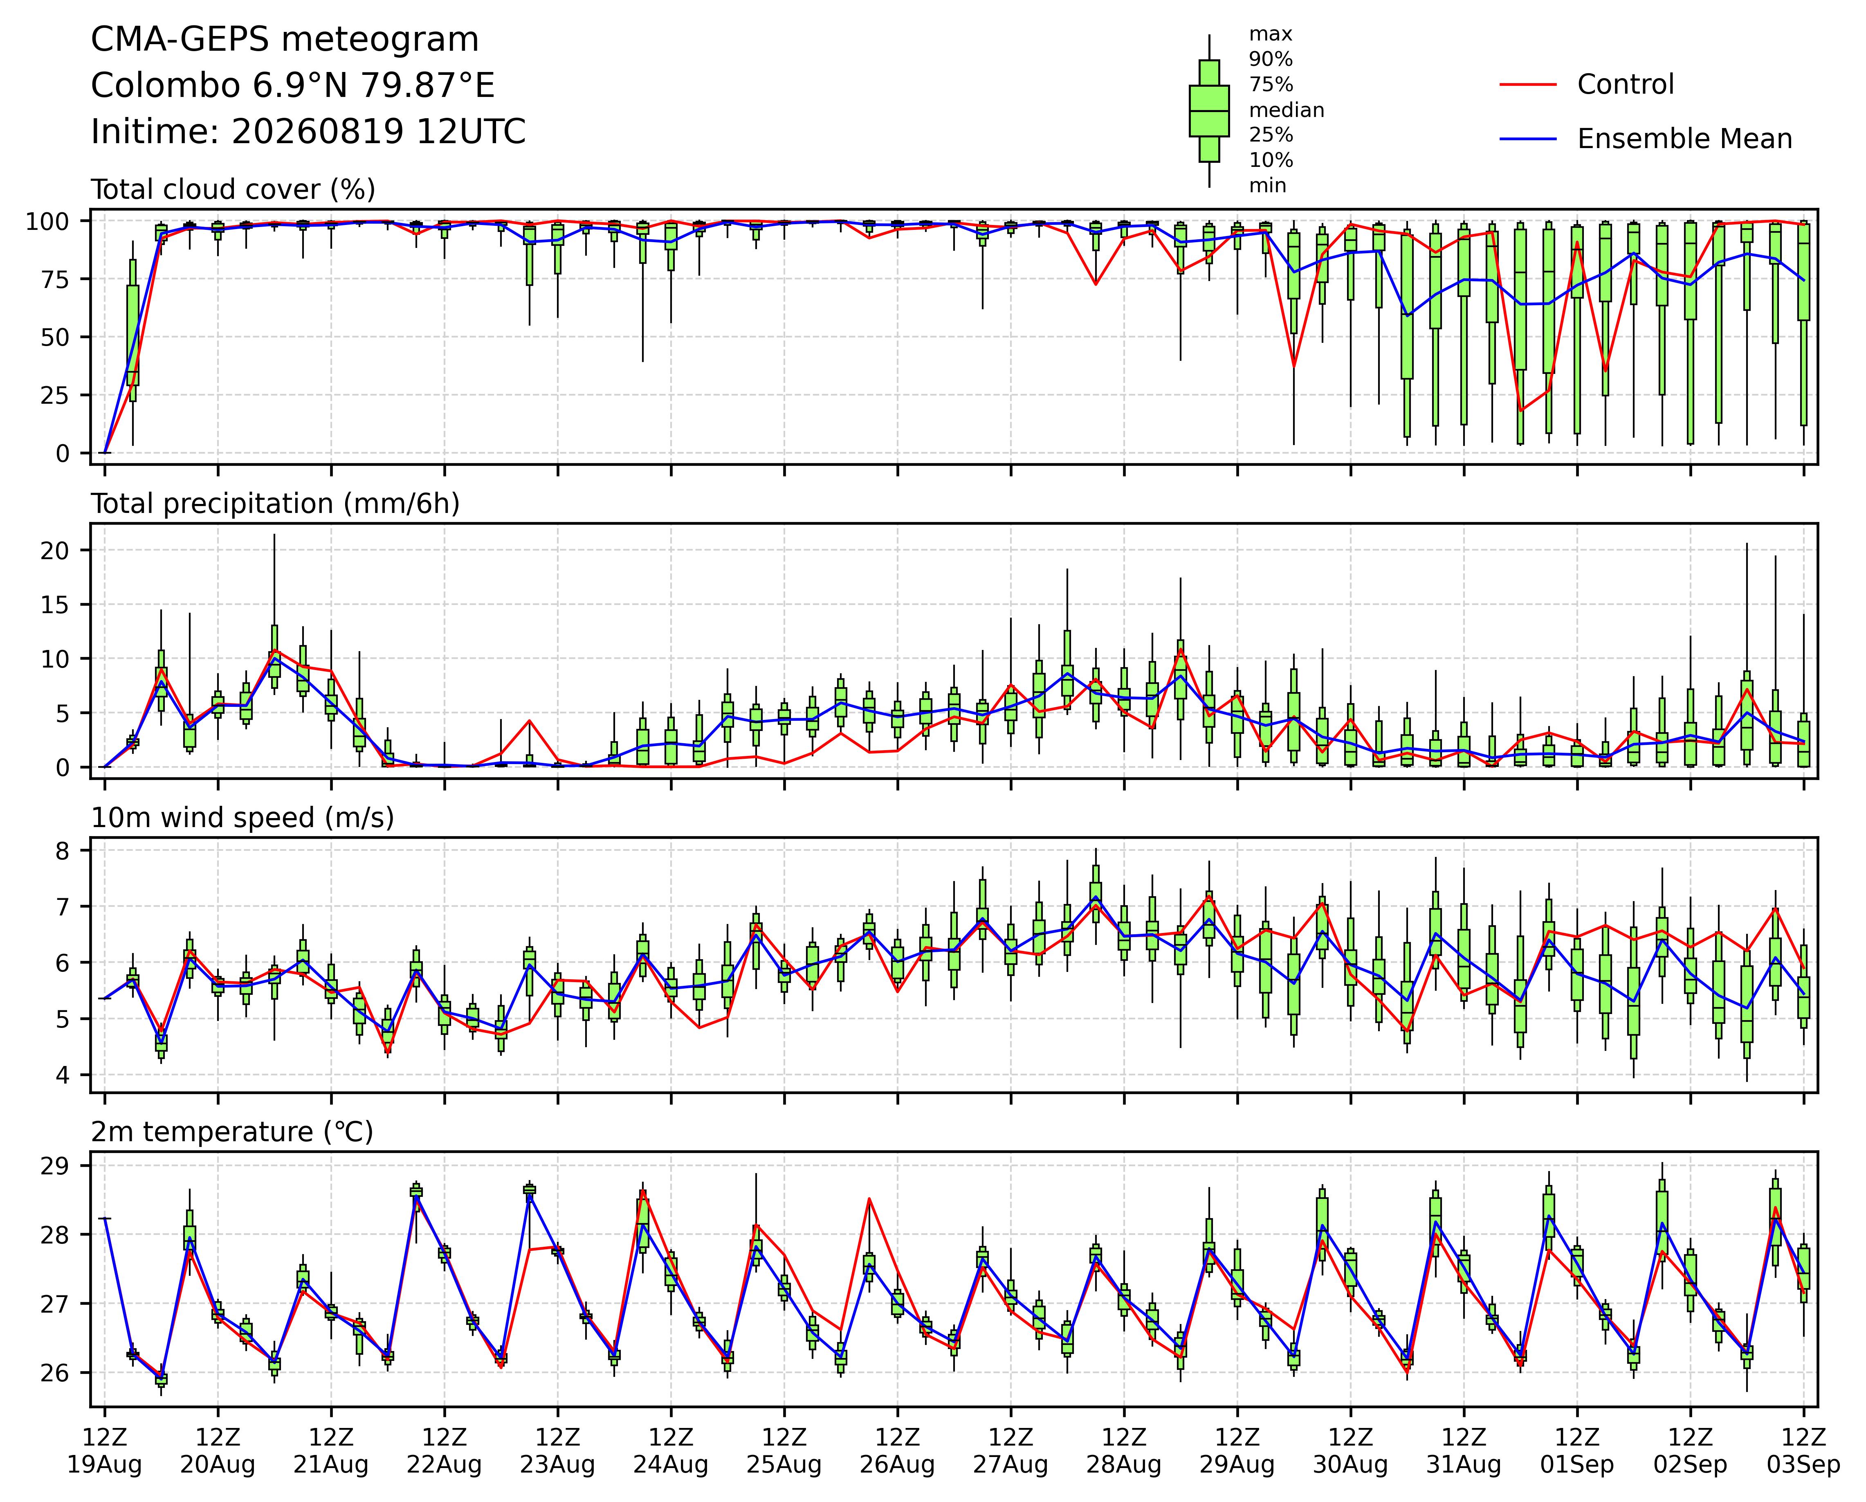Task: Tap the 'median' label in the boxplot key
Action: pos(1286,110)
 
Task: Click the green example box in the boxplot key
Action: pos(1209,111)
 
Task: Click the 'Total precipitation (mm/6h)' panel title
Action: pos(275,504)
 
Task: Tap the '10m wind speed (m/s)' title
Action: pos(243,818)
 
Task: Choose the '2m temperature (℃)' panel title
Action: pos(232,1132)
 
